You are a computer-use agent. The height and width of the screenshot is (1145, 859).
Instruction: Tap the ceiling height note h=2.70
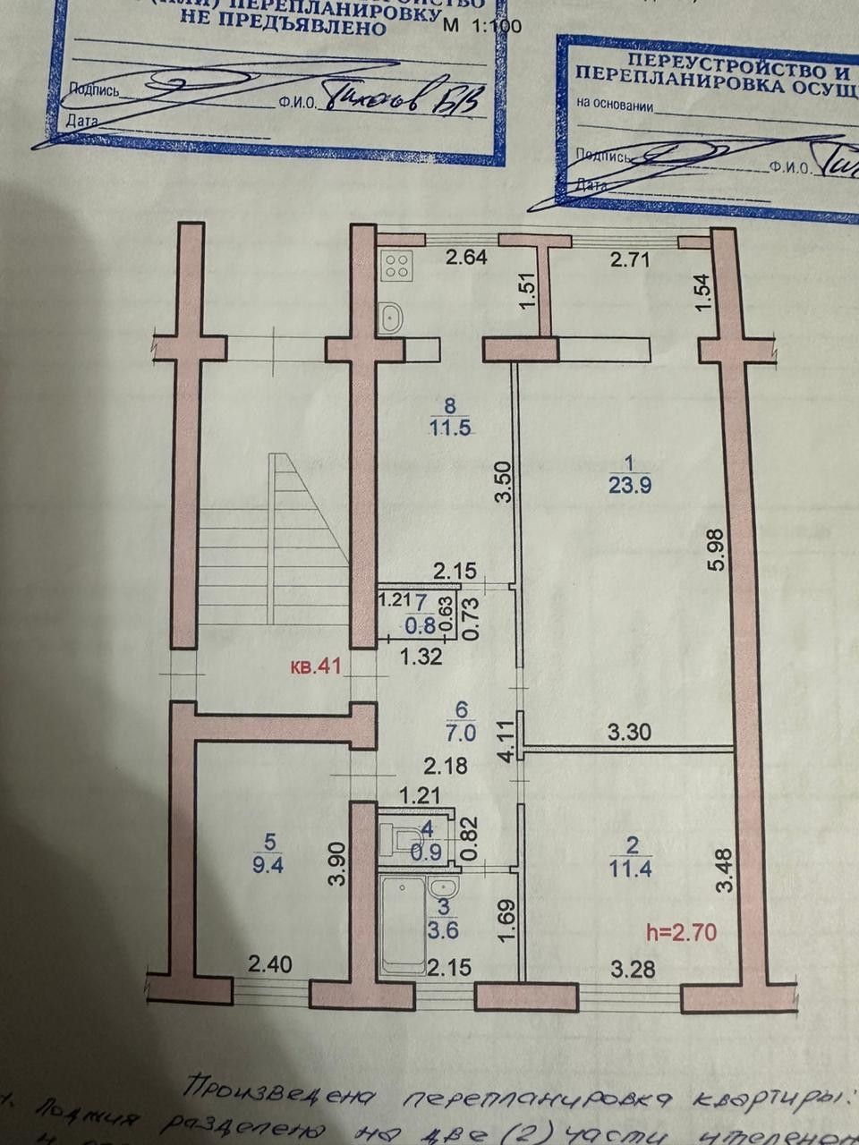pos(681,933)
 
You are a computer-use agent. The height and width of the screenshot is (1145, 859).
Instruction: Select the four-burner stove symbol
pos(397,265)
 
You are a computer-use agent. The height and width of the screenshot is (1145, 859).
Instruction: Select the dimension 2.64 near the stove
pos(466,259)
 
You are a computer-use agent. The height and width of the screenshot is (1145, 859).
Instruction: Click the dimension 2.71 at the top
pos(629,260)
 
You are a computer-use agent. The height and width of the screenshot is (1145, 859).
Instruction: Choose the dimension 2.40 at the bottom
pos(269,965)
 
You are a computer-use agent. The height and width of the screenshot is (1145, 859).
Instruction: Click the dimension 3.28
pos(632,968)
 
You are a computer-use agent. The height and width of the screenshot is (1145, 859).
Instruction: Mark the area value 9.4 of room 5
pos(268,865)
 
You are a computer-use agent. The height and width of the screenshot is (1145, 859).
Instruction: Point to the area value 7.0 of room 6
pos(462,732)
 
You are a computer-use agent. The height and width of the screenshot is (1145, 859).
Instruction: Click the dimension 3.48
pos(726,870)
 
